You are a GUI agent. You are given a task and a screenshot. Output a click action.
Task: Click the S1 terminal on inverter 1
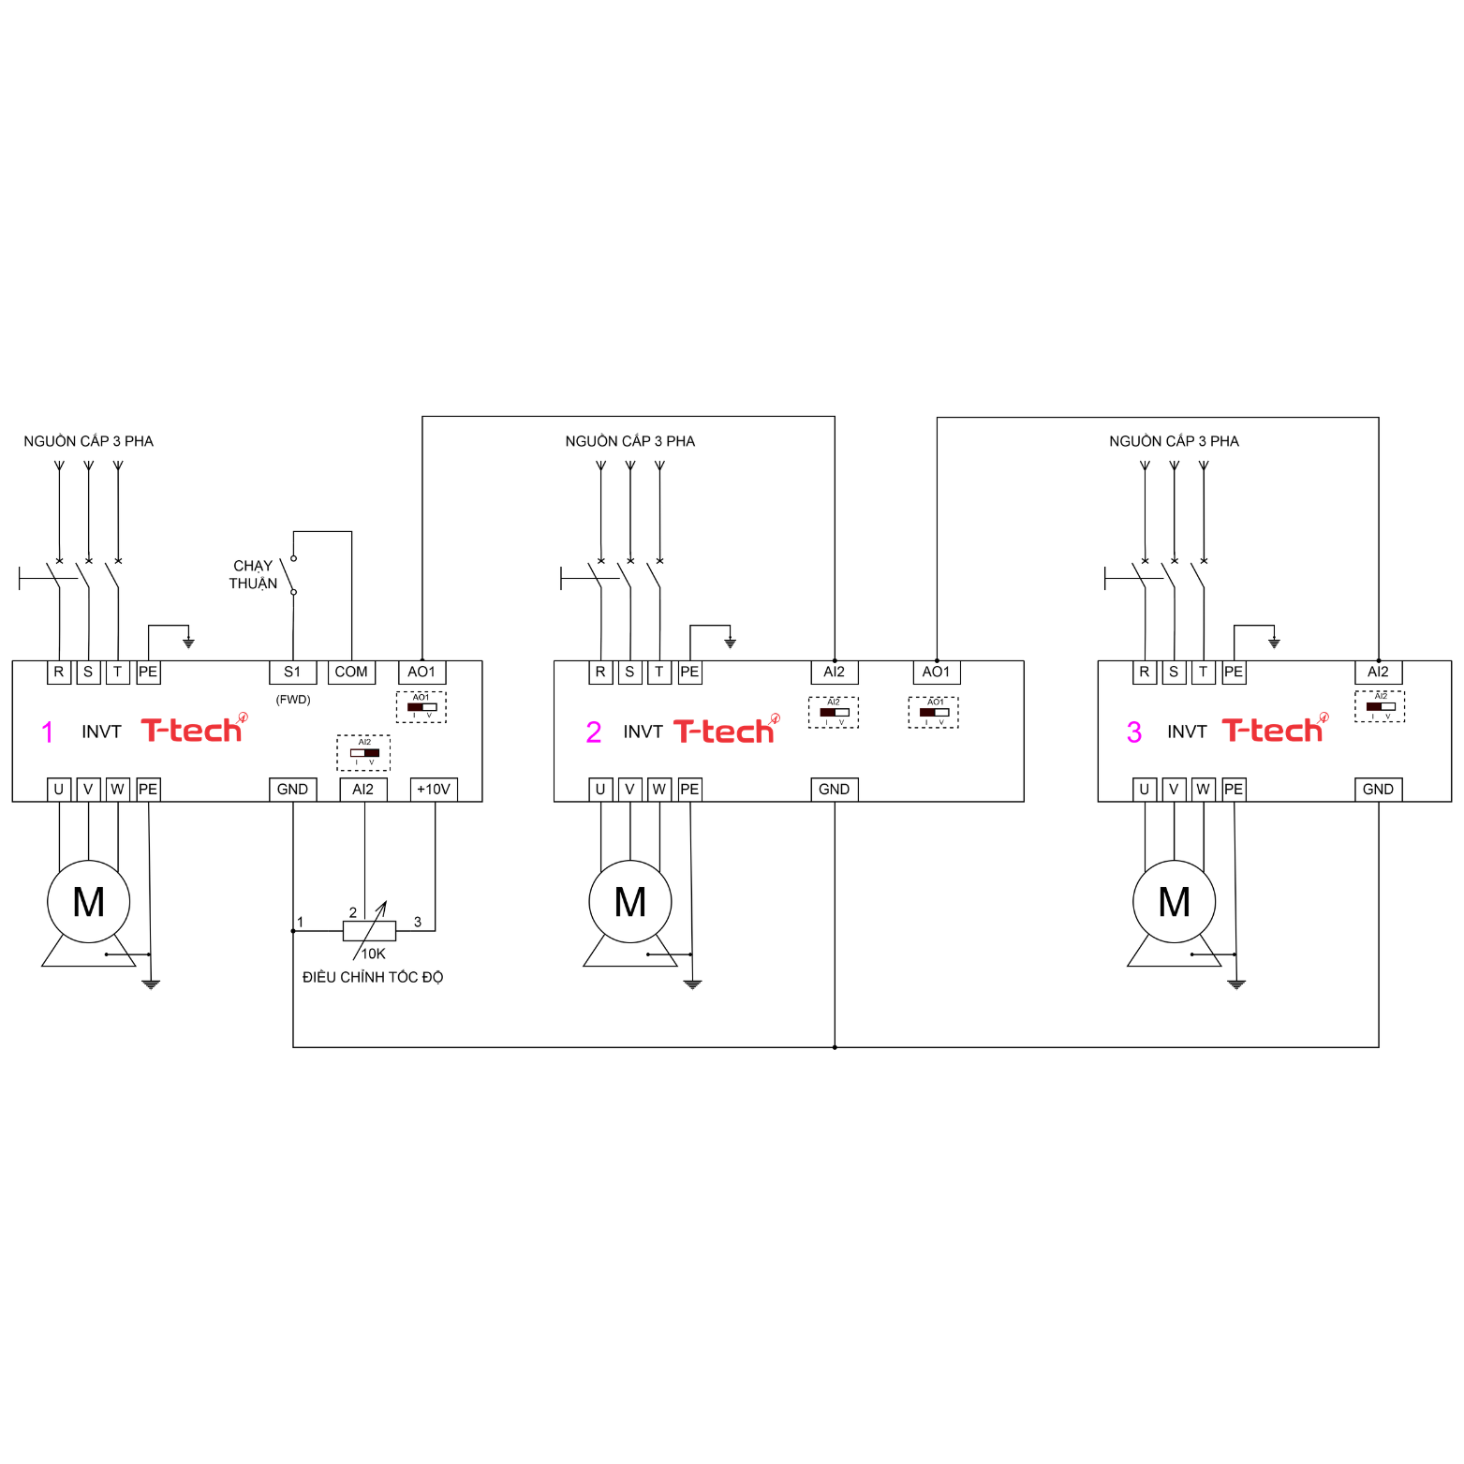[292, 672]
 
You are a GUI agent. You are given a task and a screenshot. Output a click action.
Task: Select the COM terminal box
[351, 672]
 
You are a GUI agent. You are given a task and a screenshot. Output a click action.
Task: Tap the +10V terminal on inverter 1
[434, 790]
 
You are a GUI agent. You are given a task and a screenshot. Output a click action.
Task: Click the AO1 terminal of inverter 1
[421, 672]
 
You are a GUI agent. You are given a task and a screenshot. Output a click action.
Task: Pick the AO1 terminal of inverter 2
[936, 672]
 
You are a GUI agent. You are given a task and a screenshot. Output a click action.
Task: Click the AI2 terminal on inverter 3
[1378, 672]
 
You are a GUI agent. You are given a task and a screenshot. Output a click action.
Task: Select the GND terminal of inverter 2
[834, 790]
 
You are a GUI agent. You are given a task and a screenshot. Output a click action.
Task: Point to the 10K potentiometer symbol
[369, 930]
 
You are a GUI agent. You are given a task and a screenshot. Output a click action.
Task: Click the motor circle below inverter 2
[630, 902]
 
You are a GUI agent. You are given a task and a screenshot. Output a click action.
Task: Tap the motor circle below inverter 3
[1174, 902]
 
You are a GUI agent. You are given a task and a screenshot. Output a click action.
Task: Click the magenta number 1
[48, 732]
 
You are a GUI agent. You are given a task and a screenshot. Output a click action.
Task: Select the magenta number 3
[1134, 732]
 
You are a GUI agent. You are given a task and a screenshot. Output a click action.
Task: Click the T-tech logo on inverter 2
[724, 731]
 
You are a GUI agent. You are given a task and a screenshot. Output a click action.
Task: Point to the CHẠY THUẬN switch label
[253, 574]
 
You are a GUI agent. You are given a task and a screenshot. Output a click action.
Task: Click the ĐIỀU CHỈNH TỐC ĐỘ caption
[373, 977]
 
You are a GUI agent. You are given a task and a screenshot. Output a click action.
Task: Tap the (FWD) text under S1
[293, 700]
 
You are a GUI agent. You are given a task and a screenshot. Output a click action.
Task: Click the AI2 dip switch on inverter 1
[364, 752]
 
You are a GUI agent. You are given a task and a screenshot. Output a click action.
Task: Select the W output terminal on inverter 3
[1203, 790]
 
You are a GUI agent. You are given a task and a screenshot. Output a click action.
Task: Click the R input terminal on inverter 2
[600, 672]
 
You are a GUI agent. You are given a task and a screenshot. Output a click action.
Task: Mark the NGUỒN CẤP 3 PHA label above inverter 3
[1174, 441]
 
